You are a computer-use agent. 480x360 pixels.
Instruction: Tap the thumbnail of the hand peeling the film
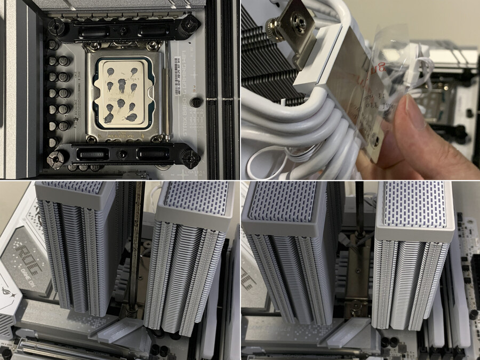click(360, 89)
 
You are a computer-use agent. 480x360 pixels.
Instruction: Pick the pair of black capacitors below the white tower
click(392, 342)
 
